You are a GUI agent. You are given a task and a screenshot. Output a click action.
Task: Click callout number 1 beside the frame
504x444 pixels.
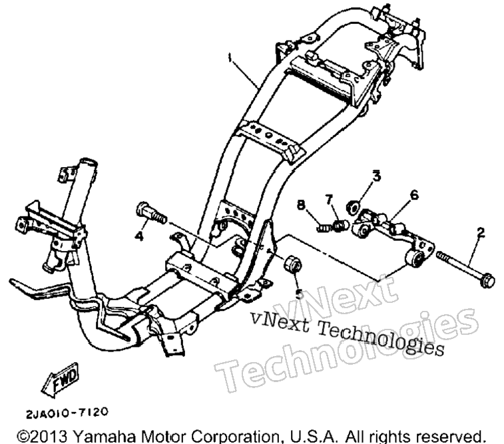[229, 59]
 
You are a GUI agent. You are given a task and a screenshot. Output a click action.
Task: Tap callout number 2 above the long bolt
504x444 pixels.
[481, 232]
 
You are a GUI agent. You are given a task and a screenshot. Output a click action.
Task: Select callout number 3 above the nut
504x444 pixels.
[376, 176]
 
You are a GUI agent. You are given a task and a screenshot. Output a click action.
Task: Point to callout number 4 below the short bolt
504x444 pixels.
[139, 237]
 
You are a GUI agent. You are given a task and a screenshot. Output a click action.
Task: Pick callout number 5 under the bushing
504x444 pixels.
[299, 294]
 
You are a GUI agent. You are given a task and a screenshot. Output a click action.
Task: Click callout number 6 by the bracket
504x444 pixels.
[414, 195]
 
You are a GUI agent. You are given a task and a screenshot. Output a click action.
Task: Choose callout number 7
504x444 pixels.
[328, 200]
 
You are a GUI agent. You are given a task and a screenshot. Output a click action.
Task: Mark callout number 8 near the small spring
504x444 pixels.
[301, 205]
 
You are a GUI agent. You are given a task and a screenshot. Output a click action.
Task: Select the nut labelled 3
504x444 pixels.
[353, 206]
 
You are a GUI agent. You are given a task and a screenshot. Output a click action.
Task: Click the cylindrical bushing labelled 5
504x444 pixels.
[292, 263]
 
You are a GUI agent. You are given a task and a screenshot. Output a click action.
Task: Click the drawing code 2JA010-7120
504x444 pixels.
[67, 413]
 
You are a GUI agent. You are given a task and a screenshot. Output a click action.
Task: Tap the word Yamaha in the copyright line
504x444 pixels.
[105, 437]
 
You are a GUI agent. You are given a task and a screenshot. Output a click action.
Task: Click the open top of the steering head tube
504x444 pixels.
[89, 161]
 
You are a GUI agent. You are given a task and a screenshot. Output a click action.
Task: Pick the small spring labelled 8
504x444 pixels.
[323, 228]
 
